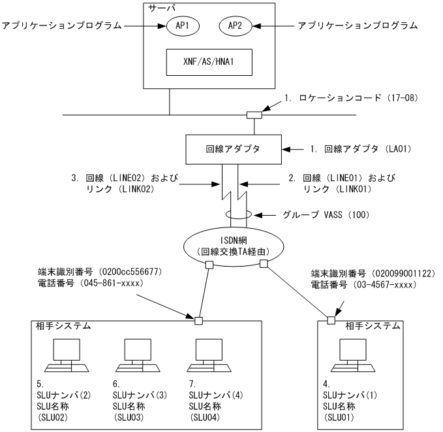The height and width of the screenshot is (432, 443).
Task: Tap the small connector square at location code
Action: [x=252, y=115]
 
